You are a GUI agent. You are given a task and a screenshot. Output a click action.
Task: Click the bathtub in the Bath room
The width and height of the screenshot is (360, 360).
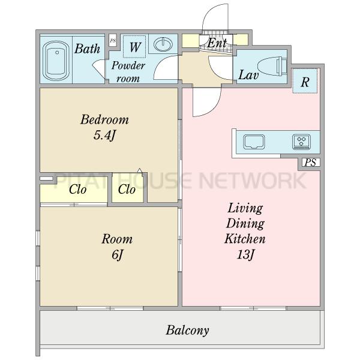(56, 61)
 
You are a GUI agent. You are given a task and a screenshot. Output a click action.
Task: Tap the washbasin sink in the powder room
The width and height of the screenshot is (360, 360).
(163, 44)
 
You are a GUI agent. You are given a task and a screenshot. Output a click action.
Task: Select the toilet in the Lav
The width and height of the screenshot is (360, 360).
(272, 66)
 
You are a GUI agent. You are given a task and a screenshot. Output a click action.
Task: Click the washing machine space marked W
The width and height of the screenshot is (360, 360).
(134, 47)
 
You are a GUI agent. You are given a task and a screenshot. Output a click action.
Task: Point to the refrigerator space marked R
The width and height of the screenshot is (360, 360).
(305, 81)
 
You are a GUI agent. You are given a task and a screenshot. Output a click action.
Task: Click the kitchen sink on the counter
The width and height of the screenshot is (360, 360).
(254, 142)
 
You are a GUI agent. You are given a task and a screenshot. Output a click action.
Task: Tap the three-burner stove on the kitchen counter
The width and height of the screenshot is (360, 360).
(301, 142)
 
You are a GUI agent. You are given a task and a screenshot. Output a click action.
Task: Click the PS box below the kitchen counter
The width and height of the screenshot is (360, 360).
(311, 163)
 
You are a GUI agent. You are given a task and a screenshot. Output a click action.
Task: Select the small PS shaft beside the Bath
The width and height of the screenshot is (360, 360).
(113, 41)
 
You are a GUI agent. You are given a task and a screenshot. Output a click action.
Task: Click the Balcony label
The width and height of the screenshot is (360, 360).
(187, 331)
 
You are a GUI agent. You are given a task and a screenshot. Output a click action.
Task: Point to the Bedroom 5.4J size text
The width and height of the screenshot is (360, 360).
(104, 135)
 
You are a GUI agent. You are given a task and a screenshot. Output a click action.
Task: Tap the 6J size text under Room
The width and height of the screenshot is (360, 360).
(118, 254)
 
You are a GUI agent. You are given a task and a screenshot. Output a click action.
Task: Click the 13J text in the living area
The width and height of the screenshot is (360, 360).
(245, 254)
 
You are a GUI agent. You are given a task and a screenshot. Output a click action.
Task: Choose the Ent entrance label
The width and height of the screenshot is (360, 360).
(217, 43)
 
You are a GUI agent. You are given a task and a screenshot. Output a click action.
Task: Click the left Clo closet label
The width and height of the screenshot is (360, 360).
(77, 190)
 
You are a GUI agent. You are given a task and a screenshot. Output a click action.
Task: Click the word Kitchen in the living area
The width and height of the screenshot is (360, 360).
(245, 239)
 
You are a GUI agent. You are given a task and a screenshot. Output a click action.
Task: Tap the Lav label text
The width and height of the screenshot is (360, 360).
(248, 75)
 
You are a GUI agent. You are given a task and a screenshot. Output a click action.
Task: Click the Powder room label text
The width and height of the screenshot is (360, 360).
(128, 72)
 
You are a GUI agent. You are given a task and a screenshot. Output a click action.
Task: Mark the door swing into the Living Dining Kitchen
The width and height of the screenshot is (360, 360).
(206, 102)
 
